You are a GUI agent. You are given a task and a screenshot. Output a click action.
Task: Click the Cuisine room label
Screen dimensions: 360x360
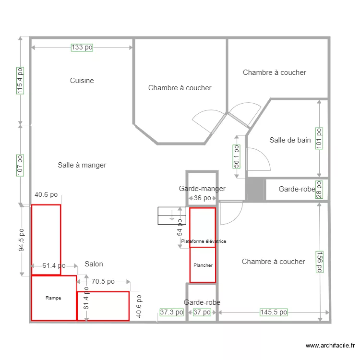tap(82, 81)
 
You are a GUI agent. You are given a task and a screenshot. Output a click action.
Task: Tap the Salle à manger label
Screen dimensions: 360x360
tap(82, 165)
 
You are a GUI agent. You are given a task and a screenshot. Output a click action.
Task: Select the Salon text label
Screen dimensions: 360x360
tap(94, 264)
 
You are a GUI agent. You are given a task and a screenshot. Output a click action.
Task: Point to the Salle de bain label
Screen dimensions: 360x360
tap(290, 140)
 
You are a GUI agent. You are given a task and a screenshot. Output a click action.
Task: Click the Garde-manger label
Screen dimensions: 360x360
tap(202, 189)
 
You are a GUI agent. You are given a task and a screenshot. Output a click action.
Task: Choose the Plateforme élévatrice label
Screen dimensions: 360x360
tap(204, 241)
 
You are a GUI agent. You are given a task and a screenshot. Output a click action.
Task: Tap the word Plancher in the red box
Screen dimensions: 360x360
tap(203, 265)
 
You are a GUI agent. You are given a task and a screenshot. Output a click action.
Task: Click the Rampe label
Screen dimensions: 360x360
tap(53, 298)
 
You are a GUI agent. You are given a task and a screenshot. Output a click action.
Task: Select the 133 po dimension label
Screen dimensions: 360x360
tap(82, 47)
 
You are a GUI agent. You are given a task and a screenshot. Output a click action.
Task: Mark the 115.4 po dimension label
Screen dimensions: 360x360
tap(20, 80)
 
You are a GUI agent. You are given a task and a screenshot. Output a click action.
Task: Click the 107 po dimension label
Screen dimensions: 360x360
tap(20, 165)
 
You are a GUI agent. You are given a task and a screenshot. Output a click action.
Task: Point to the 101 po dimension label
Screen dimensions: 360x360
tap(319, 138)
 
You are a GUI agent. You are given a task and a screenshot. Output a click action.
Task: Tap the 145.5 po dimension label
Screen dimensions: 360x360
tap(274, 312)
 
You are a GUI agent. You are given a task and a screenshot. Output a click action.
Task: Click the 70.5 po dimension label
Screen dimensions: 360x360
tap(103, 282)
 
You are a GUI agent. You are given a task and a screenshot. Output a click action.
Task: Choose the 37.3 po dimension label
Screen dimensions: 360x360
tap(171, 312)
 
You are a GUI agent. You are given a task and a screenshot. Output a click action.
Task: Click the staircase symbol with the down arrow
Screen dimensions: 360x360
tap(171, 216)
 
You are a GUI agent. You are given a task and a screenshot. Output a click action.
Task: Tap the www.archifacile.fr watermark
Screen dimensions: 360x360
tap(331, 346)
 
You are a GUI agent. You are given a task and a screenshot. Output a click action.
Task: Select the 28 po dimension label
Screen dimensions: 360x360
tap(319, 190)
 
